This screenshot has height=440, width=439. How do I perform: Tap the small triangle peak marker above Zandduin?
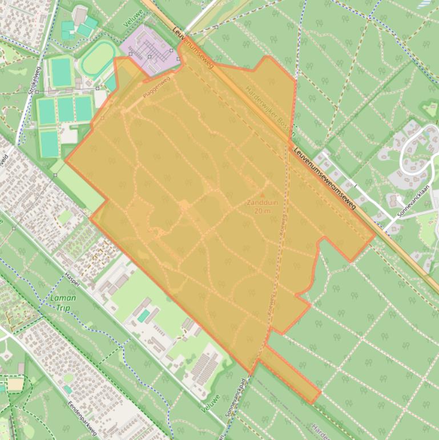263,195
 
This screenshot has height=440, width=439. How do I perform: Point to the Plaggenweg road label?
156,90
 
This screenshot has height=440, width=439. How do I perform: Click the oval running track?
99,59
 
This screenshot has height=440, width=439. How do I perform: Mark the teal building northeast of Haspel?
144,316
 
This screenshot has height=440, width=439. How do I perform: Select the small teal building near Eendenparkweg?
67,390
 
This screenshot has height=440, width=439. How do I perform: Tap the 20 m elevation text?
263,211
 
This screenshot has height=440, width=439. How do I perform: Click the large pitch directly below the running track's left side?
61,73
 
